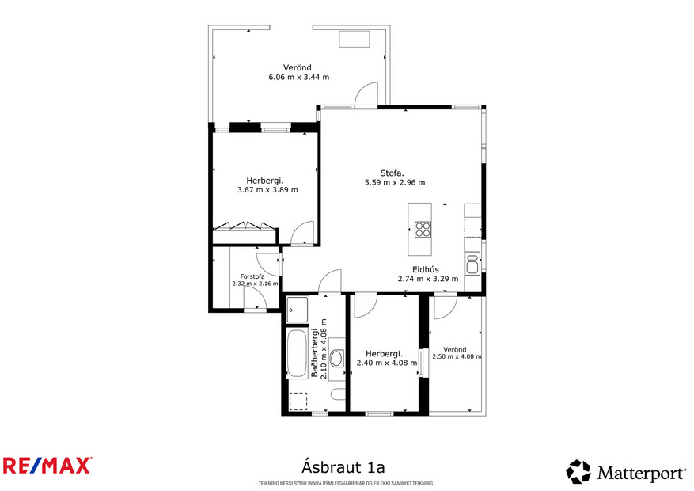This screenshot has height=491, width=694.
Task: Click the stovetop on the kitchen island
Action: click(423, 229)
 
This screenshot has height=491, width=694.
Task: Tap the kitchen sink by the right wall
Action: click(472, 263)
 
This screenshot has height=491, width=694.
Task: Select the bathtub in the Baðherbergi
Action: click(298, 353)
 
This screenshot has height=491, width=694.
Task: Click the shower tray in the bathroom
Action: click(298, 309)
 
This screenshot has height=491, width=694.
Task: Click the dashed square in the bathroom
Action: click(298, 401)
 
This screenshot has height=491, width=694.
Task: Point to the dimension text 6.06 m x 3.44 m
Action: click(298, 77)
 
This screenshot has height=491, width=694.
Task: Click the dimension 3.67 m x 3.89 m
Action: click(267, 189)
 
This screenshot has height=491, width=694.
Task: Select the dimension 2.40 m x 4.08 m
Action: click(386, 363)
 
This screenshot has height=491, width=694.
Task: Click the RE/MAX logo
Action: click(47, 465)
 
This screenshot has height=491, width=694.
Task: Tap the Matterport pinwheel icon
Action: click(578, 472)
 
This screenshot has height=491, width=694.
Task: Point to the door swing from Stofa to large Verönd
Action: click(365, 95)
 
